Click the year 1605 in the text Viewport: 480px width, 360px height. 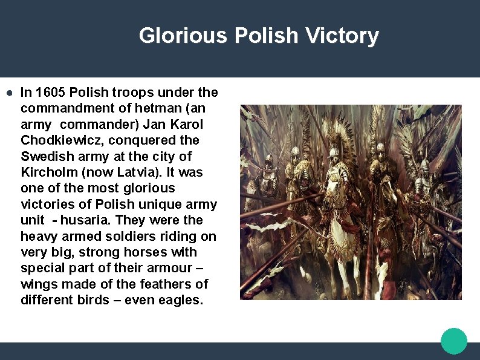[x=51, y=93]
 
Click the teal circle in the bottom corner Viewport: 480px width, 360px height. [x=453, y=341]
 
